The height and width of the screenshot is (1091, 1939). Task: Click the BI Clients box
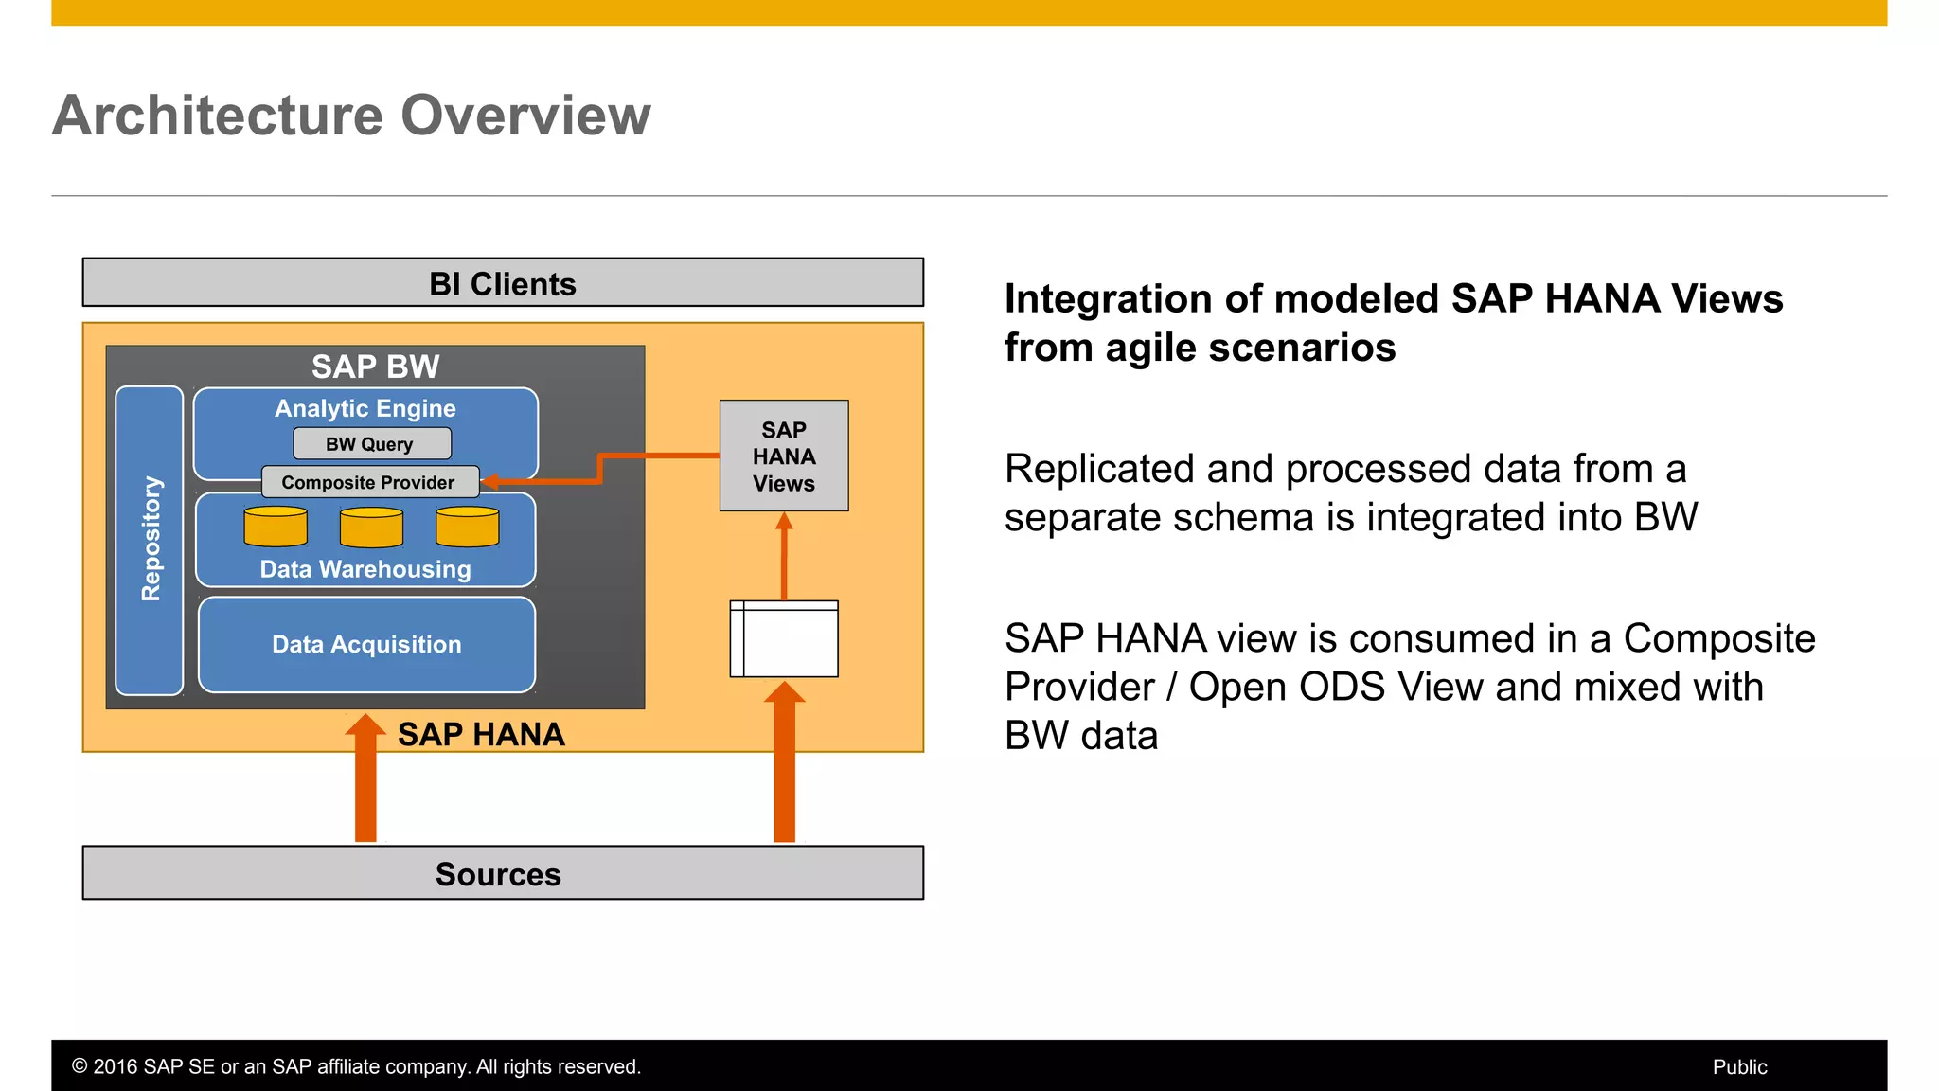(503, 283)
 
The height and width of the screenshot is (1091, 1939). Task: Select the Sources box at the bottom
(503, 873)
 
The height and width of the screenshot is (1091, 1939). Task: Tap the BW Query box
(371, 444)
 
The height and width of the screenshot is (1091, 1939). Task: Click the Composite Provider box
(369, 482)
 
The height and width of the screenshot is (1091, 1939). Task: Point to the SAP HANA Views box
(784, 456)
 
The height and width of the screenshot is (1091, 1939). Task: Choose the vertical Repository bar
(150, 540)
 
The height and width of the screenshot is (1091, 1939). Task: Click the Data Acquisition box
(366, 645)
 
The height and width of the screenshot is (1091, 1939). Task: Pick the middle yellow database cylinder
(371, 528)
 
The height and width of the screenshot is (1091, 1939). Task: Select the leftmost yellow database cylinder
(276, 527)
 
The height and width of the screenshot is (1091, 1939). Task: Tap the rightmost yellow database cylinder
(468, 527)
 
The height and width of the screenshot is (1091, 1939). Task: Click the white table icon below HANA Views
(784, 639)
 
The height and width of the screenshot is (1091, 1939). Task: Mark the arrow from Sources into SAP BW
(365, 781)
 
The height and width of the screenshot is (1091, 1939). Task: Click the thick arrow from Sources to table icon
(784, 767)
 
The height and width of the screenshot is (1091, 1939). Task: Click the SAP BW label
(375, 367)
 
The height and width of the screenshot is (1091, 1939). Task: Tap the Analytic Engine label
(365, 408)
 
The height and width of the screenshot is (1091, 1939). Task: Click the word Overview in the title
(525, 116)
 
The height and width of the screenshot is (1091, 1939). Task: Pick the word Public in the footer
(1739, 1067)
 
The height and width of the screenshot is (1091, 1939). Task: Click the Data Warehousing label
(365, 569)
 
